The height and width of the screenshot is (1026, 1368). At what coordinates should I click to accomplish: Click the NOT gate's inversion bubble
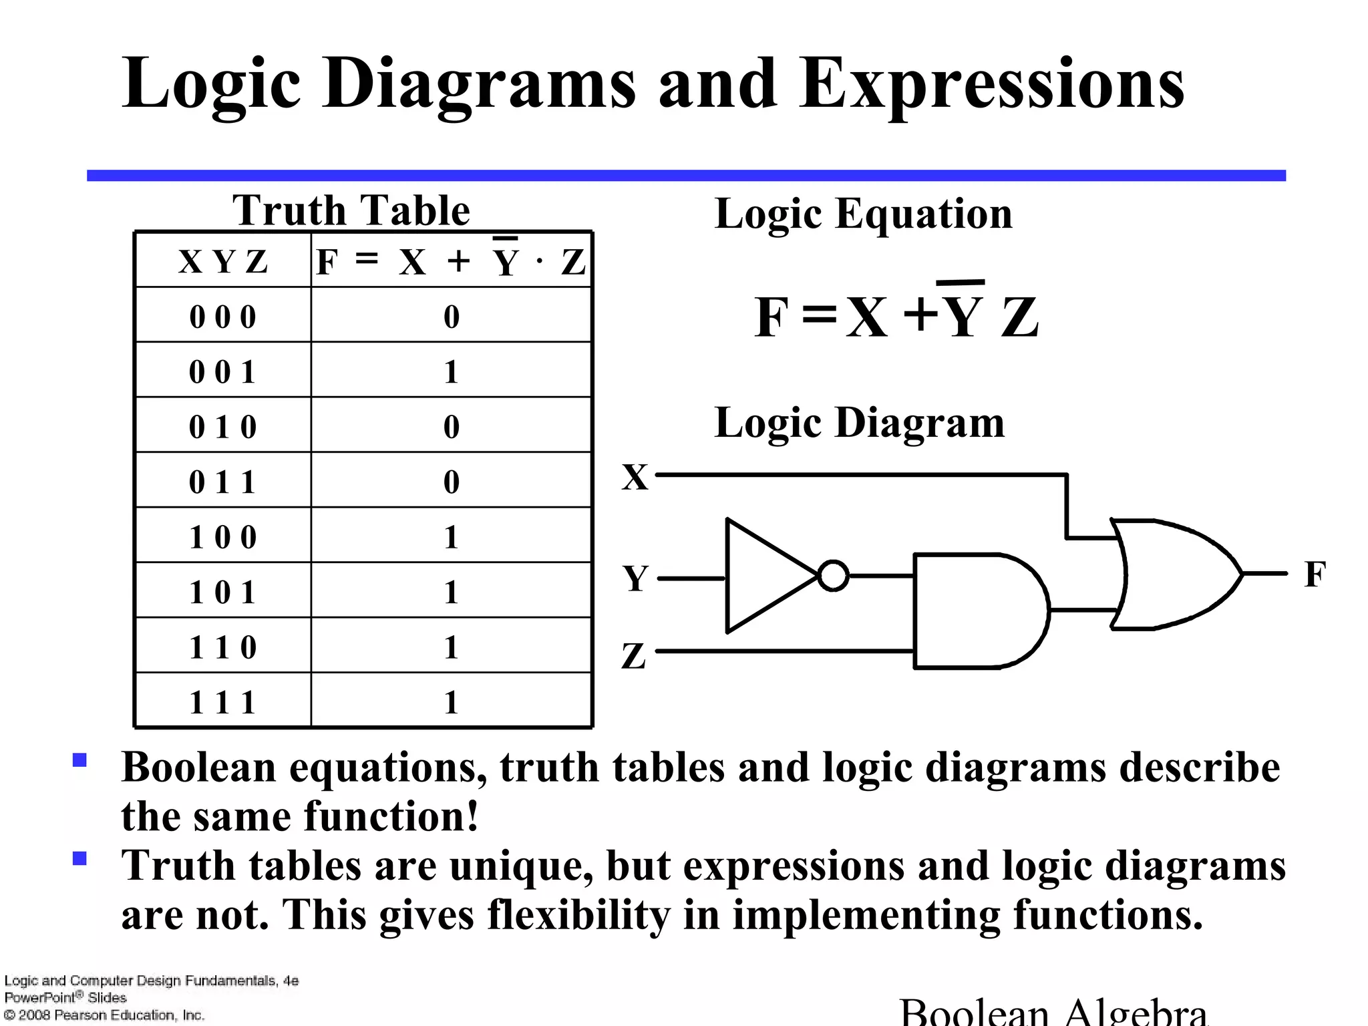point(833,576)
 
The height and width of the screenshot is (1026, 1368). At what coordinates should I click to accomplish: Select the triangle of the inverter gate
point(765,576)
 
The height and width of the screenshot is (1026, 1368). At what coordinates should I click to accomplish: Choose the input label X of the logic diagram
point(635,477)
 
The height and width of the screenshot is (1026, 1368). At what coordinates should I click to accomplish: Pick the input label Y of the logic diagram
point(635,578)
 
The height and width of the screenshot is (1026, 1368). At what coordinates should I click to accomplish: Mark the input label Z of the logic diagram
point(634,655)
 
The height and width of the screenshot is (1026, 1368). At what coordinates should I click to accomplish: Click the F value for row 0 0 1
point(452,371)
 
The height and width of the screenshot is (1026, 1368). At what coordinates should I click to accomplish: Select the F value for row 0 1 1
point(452,482)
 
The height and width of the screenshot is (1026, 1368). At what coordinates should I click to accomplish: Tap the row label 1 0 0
point(222,537)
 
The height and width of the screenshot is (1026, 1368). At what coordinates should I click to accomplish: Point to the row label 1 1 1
point(222,702)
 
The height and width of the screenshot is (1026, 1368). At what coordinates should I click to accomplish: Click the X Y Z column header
point(222,261)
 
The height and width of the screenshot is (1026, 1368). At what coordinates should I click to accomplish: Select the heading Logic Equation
point(863,214)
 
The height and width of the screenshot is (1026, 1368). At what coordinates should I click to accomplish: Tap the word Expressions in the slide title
point(991,84)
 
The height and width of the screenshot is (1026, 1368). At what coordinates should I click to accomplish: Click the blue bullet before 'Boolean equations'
point(79,760)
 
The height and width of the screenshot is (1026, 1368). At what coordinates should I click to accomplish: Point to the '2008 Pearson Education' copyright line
point(104,1015)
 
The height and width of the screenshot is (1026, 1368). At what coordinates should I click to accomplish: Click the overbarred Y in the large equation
point(963,314)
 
